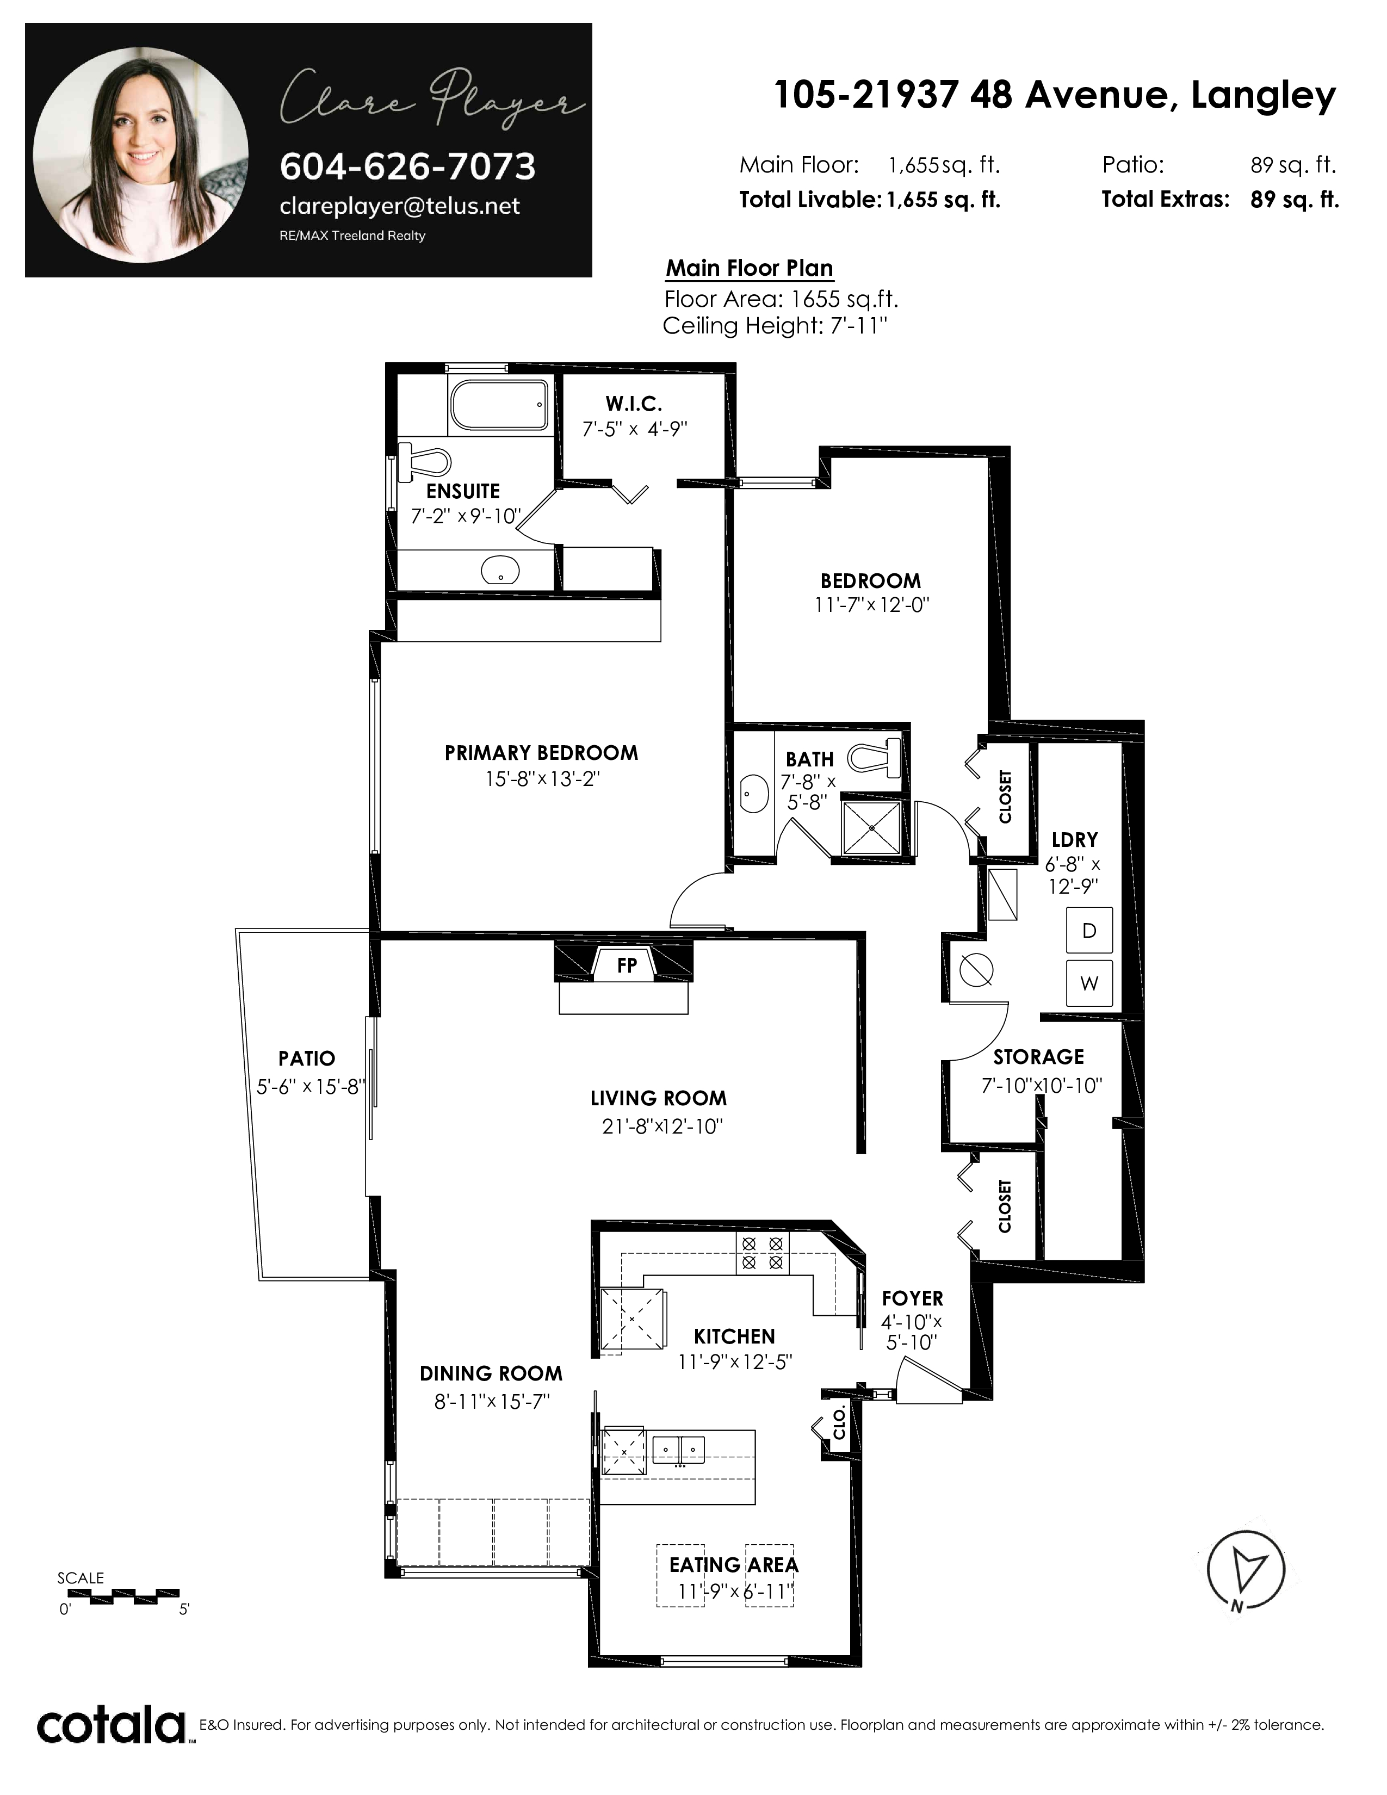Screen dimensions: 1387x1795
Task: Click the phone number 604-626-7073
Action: click(407, 167)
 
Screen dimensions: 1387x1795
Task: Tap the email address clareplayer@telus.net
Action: click(399, 206)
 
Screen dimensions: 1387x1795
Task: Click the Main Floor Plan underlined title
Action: click(750, 269)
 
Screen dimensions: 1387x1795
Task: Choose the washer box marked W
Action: click(1089, 983)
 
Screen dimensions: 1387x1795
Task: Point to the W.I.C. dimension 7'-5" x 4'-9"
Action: click(634, 429)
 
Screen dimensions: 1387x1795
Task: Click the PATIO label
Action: click(306, 1059)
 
